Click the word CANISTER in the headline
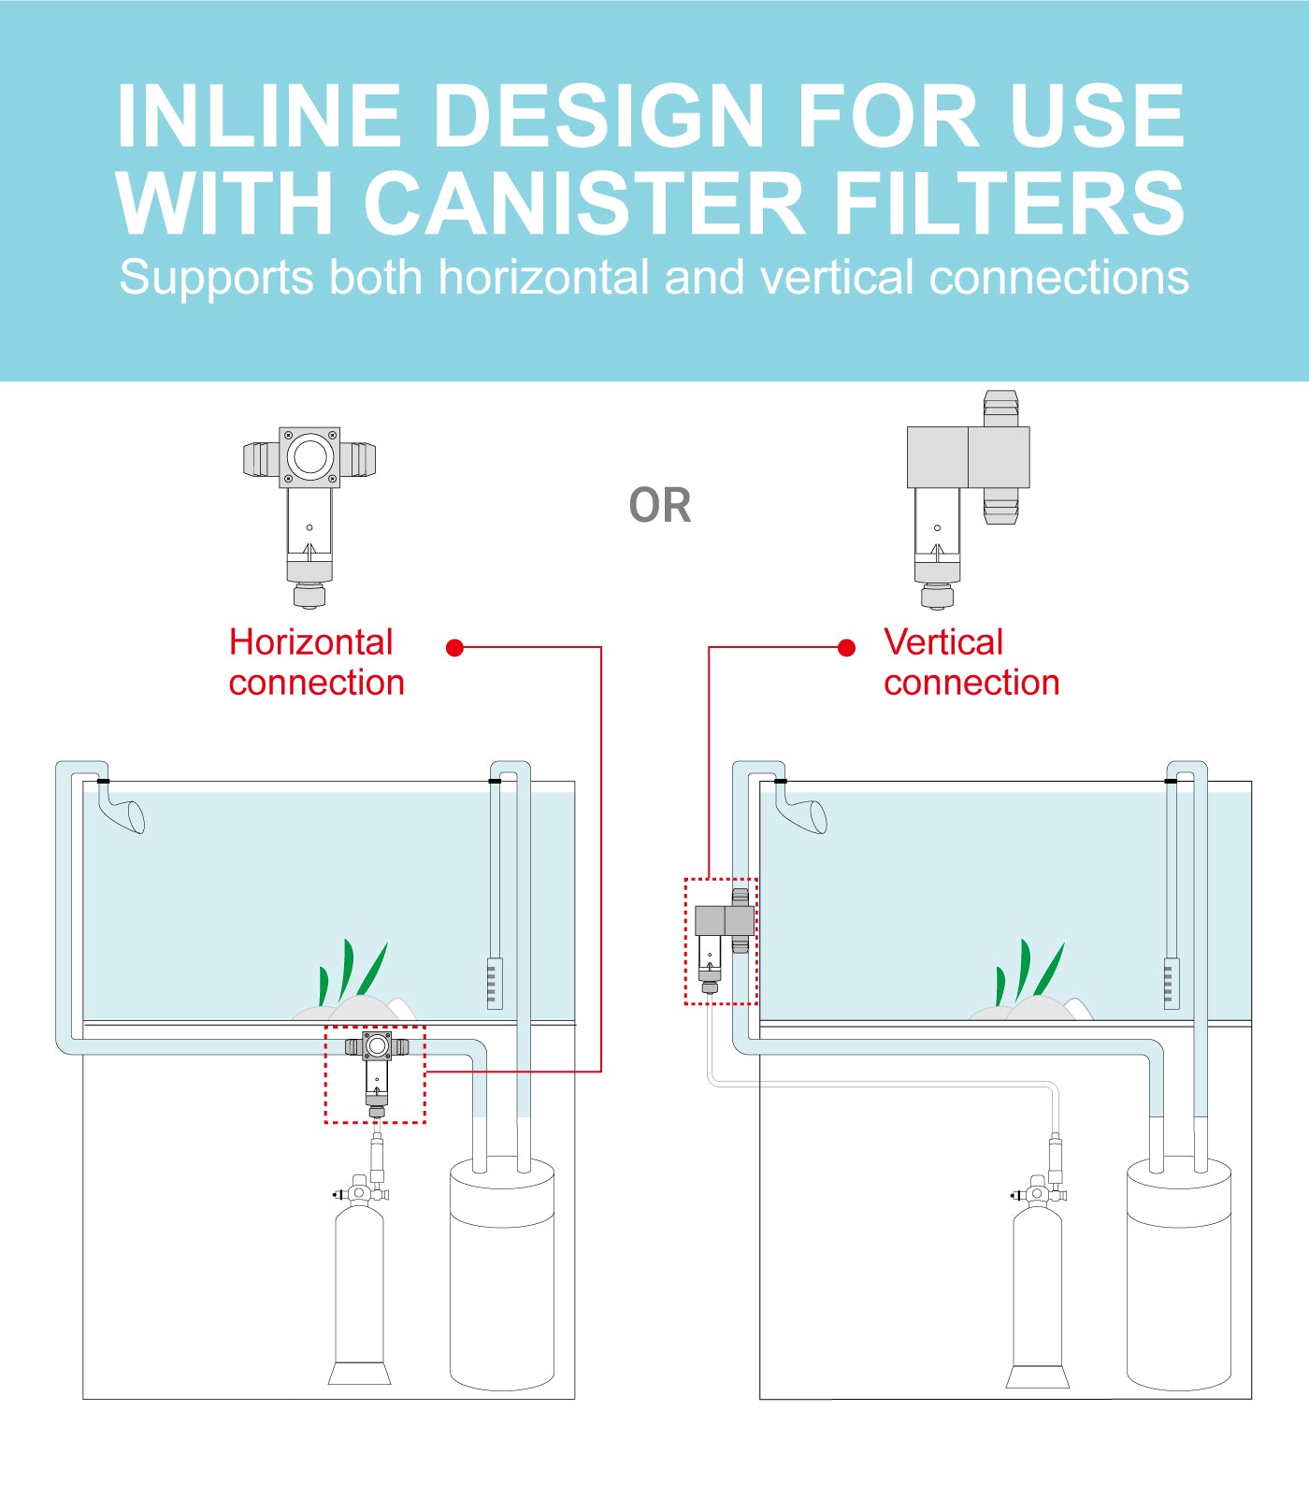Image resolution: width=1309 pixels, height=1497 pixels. pos(584,203)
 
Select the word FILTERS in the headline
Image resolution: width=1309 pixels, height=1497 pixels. pos(1009,203)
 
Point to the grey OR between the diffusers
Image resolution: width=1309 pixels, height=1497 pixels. pos(660,506)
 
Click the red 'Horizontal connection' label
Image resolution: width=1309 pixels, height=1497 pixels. pos(316,662)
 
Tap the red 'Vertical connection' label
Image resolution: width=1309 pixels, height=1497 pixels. pos(971,662)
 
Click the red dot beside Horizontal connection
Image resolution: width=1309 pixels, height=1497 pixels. pos(455,648)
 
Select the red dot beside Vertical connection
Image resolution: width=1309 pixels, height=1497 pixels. pos(846,648)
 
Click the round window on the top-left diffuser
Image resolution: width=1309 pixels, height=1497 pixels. pos(309,457)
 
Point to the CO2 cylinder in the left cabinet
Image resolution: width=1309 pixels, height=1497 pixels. pos(359,1290)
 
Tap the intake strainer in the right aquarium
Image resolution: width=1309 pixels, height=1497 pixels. pos(1172,983)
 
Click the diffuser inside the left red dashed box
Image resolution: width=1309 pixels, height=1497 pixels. pos(377,1071)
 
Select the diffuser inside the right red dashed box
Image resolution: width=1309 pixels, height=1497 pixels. pos(723,940)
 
